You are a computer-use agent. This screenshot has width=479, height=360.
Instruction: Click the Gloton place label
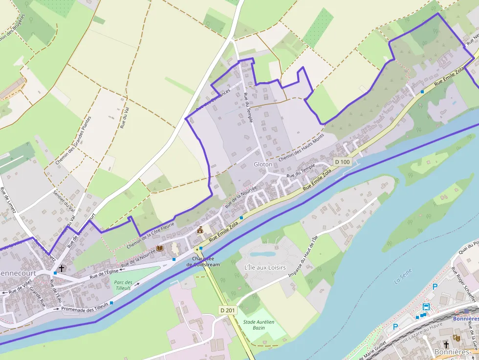pyautogui.click(x=263, y=165)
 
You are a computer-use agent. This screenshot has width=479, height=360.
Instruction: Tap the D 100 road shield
pyautogui.click(x=342, y=162)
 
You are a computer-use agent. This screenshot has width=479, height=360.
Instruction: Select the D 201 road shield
pyautogui.click(x=227, y=310)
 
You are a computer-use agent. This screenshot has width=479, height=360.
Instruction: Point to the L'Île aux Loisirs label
pyautogui.click(x=264, y=267)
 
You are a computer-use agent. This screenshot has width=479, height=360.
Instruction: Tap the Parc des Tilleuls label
pyautogui.click(x=123, y=285)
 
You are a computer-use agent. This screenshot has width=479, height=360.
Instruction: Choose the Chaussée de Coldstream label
pyautogui.click(x=203, y=261)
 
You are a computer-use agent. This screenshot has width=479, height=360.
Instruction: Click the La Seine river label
pyautogui.click(x=403, y=276)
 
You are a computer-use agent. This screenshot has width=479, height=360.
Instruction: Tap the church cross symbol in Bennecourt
pyautogui.click(x=62, y=268)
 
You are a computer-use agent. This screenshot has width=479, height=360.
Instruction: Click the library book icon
pyautogui.click(x=160, y=248)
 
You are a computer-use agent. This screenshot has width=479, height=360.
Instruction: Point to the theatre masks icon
pyautogui.click(x=457, y=338)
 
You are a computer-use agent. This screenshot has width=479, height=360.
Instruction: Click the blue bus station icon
pyautogui.click(x=427, y=307)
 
